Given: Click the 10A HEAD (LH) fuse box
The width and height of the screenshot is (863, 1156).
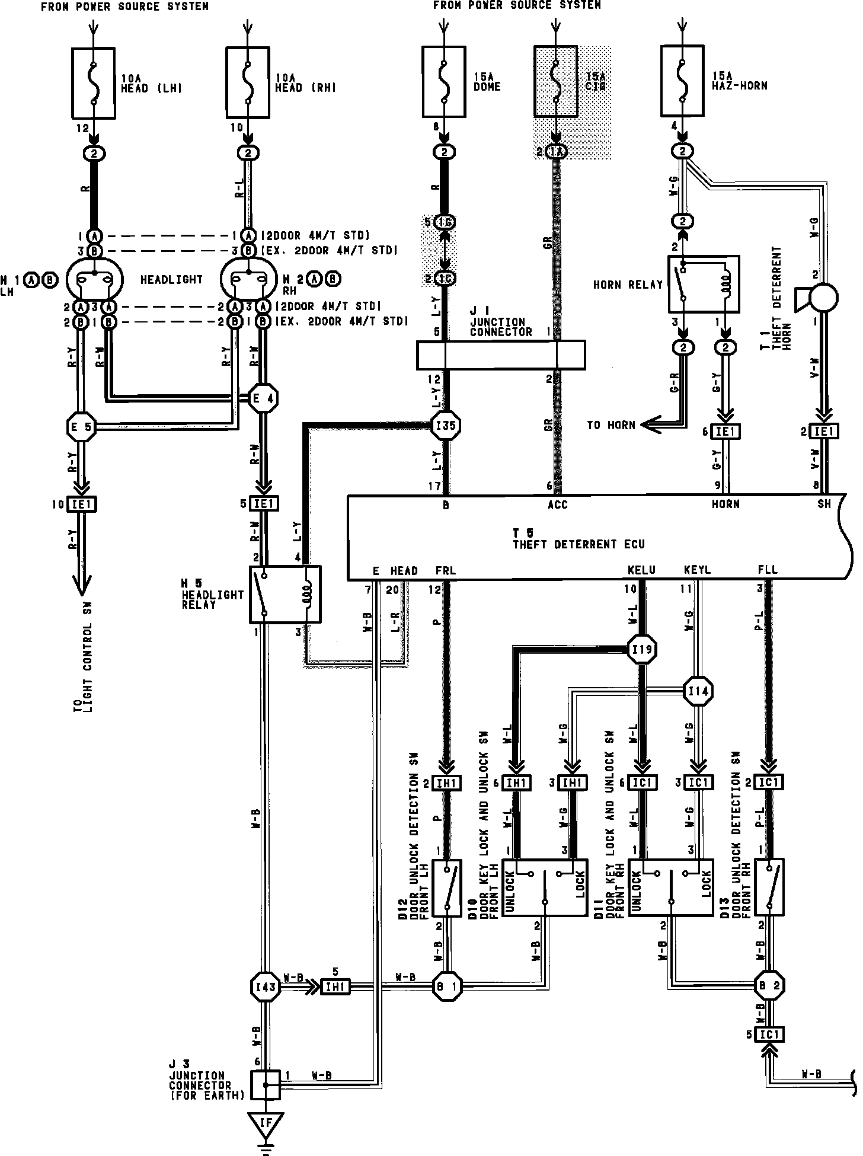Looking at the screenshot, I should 94,82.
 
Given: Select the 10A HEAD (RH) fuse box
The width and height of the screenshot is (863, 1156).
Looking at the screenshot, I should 248,82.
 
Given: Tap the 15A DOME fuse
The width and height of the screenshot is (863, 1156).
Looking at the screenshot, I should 445,82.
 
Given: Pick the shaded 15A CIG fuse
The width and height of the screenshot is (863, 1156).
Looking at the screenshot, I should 555,82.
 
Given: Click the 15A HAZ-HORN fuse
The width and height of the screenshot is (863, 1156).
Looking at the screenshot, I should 682,82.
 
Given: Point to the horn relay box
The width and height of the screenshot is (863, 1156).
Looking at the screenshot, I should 704,284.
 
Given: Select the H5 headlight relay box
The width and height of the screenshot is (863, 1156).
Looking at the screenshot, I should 285,594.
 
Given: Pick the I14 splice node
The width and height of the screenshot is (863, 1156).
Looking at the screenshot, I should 698,691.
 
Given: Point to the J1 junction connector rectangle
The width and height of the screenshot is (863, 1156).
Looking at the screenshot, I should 501,355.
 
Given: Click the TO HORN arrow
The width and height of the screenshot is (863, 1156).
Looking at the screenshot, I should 652,424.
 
